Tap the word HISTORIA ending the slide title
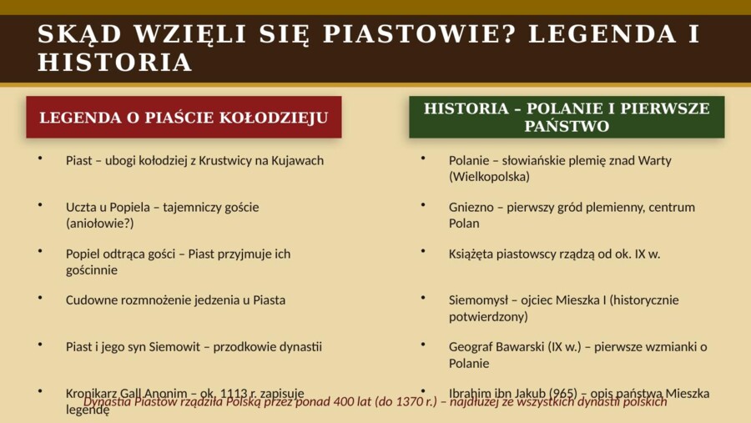coord(115,63)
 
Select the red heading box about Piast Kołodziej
coord(184,118)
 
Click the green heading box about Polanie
coord(567,118)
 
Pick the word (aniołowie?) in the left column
coord(99,224)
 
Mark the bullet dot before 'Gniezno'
coord(423,204)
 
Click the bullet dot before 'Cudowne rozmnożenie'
coord(39,296)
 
